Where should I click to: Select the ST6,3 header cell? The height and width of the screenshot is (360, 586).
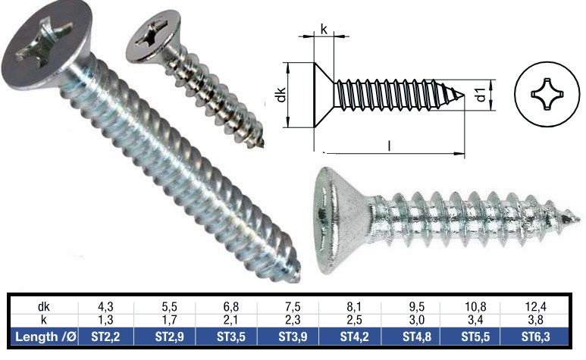point(539,336)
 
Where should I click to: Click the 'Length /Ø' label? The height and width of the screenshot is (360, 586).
point(42,336)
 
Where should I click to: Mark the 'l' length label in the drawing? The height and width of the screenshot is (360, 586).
point(389,144)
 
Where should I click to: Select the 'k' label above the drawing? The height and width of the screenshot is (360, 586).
point(324,30)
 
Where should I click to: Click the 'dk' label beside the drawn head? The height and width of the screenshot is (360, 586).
point(280,95)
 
